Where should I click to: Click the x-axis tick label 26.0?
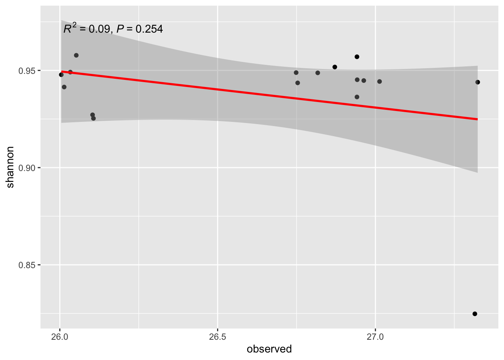pos(60,336)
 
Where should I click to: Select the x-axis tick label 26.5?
pos(217,336)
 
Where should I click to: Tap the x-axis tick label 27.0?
pos(375,336)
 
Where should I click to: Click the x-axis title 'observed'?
pos(269,349)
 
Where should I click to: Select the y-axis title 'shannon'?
pos(10,167)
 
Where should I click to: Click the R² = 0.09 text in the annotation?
pos(87,28)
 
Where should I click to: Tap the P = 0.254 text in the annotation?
pos(139,29)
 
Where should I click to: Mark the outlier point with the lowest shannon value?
pos(475,314)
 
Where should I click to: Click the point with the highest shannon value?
pos(76,55)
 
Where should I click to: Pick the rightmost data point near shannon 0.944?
pos(477,82)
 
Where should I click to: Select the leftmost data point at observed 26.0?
pos(61,75)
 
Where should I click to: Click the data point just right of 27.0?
pos(379,81)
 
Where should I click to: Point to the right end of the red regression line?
pos(477,119)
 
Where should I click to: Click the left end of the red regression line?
pos(61,71)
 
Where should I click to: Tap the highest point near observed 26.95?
pos(357,57)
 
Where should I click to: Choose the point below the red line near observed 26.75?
pos(298,83)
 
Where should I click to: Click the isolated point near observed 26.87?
pos(335,67)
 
